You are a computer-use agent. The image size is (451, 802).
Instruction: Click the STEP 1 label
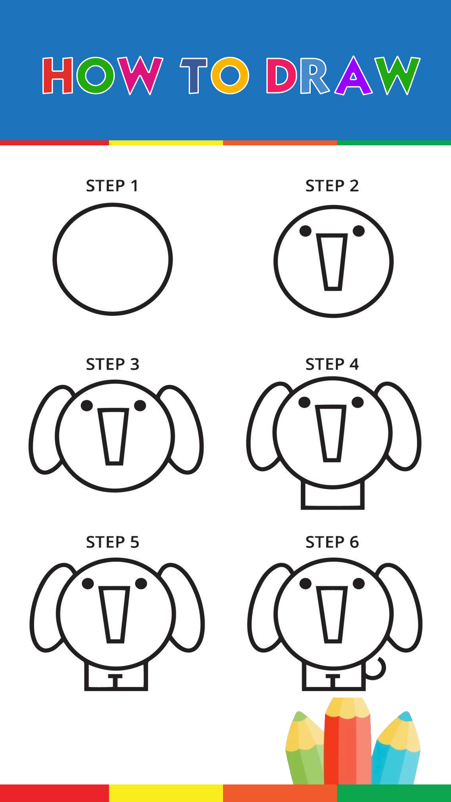(112, 186)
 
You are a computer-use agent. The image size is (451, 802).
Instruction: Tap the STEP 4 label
(332, 364)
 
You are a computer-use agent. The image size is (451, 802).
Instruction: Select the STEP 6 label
(332, 542)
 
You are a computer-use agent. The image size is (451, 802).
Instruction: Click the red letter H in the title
(58, 76)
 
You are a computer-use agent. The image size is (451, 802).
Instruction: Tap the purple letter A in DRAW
(353, 76)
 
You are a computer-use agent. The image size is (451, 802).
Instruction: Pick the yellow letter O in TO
(230, 76)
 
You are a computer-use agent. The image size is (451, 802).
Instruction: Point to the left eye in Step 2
(305, 231)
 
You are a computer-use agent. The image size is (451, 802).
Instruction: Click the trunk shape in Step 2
(332, 262)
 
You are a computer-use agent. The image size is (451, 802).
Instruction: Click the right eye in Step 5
(141, 584)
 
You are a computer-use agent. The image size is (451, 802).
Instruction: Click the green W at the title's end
(397, 76)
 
